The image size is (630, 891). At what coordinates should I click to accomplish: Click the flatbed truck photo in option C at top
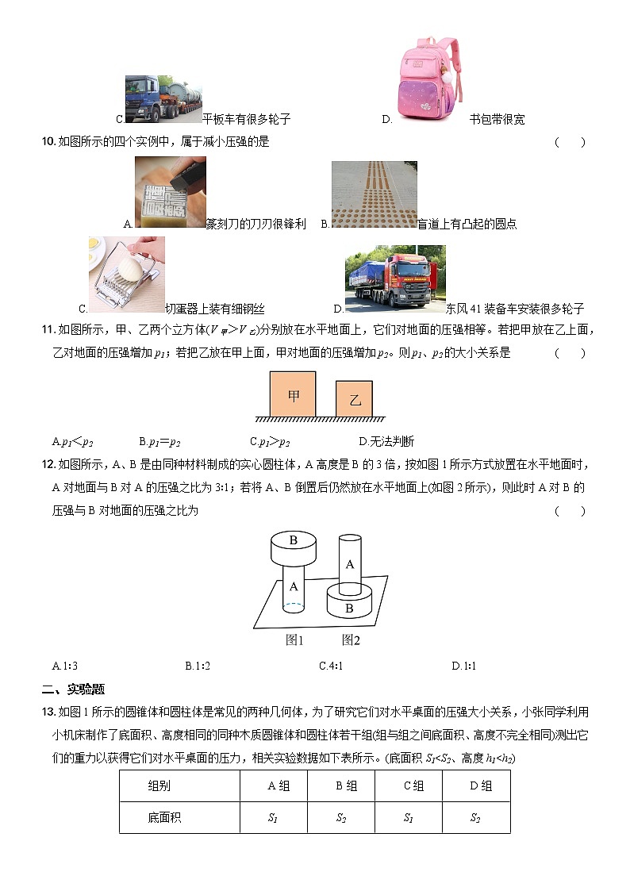163,100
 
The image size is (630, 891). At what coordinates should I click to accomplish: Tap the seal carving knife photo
170,192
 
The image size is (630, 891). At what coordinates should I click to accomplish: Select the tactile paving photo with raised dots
374,194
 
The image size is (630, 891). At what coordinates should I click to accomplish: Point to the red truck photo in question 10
394,279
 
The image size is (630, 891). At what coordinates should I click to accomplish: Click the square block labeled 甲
293,394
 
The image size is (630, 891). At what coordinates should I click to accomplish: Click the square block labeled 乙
354,399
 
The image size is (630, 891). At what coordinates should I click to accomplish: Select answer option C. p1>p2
270,442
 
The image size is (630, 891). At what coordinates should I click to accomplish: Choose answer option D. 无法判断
386,442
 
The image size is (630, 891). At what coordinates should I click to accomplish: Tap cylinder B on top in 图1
293,547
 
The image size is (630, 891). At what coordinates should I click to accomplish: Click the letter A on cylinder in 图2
349,564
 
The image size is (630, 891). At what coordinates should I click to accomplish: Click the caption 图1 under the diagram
295,639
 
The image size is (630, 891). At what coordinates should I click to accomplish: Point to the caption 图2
351,639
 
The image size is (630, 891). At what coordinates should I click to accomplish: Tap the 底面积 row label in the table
164,817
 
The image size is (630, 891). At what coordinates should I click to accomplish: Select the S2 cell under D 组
475,817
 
